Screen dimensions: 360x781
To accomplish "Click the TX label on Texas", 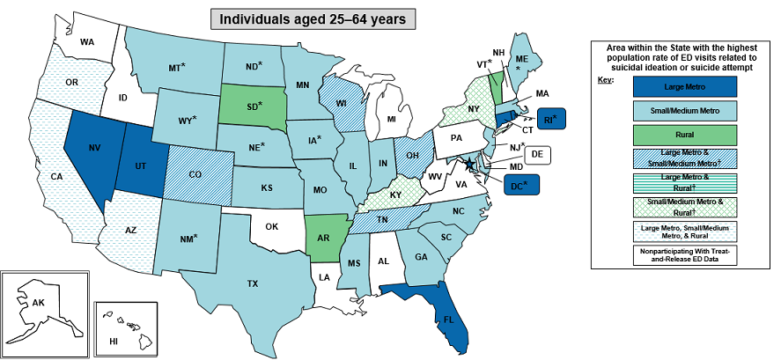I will [253, 283].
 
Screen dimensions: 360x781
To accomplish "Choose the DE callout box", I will [538, 155].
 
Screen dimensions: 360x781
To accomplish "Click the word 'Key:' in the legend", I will [605, 80].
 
